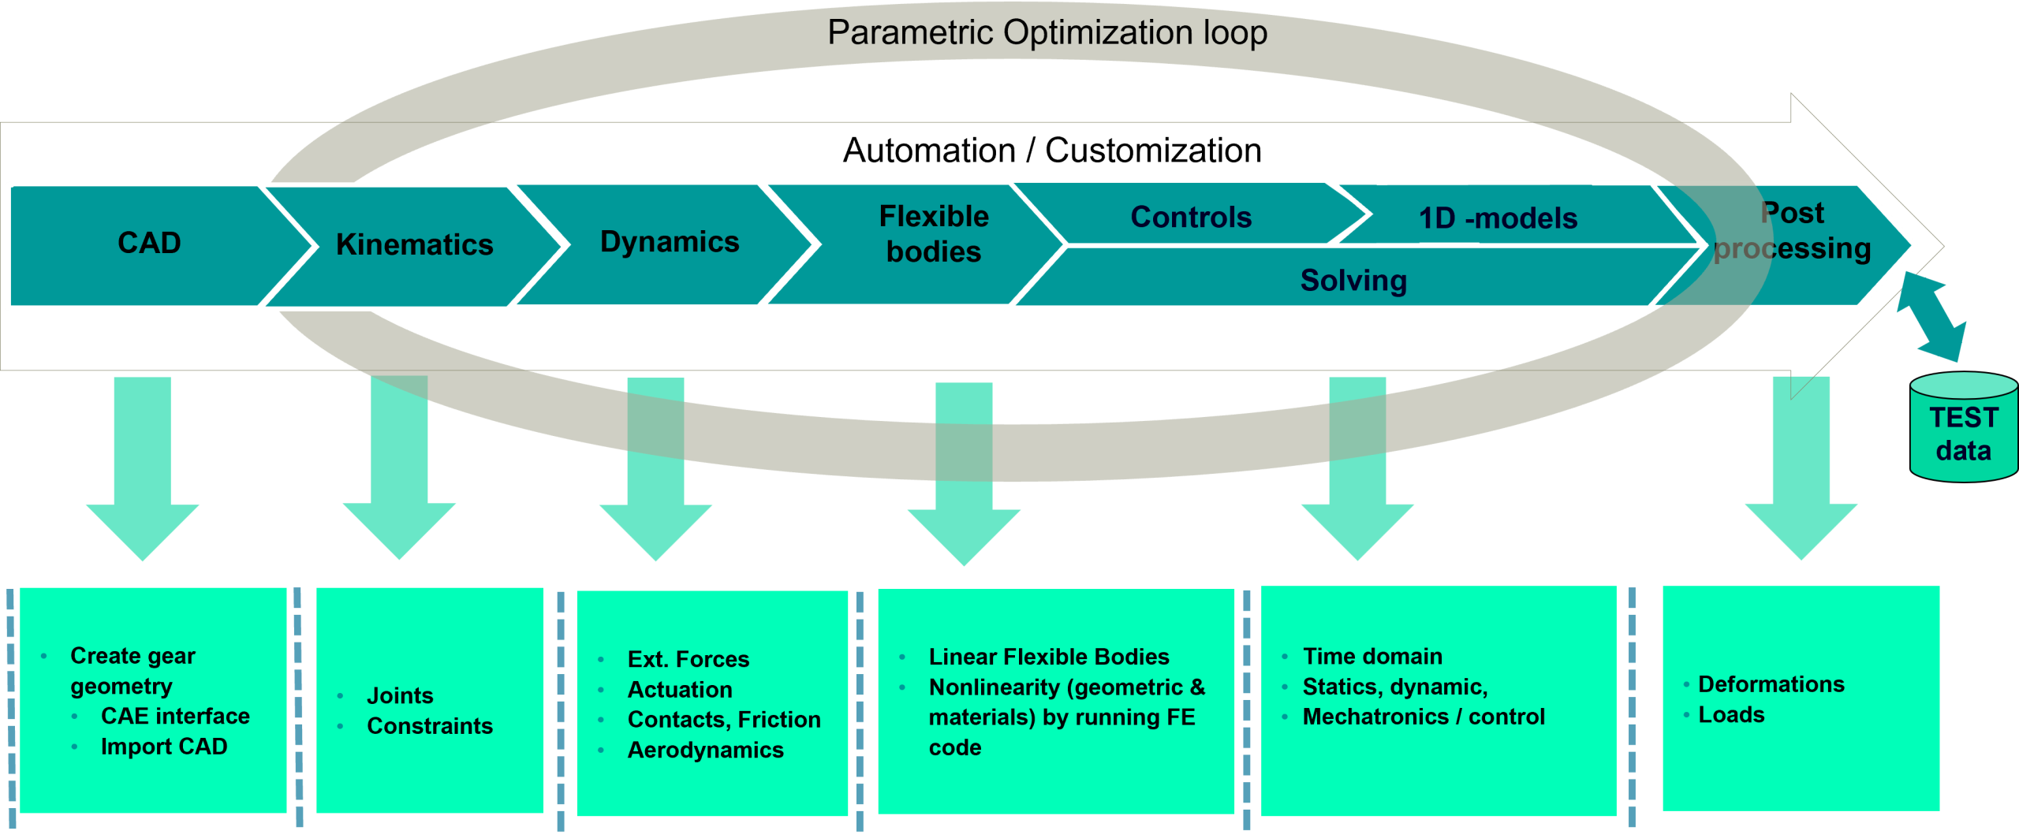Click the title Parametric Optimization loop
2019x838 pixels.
[x=1047, y=33]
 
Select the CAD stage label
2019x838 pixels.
[x=149, y=243]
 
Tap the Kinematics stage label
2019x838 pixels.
[x=414, y=244]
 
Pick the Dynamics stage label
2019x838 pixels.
[x=670, y=241]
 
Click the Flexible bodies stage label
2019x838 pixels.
[x=934, y=234]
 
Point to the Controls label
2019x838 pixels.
[x=1191, y=217]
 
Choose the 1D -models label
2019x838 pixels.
[x=1498, y=218]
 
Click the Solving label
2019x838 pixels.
[x=1353, y=281]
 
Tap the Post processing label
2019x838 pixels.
[x=1792, y=230]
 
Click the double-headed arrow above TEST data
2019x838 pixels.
[x=1931, y=316]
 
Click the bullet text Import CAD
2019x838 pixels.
[x=164, y=747]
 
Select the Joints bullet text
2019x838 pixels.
[x=400, y=695]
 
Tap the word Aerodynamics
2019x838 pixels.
[x=705, y=750]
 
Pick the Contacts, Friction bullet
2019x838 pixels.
[x=723, y=719]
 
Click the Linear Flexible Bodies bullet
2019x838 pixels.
[x=1048, y=657]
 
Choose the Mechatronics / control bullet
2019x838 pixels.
[x=1423, y=717]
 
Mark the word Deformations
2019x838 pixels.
[x=1771, y=684]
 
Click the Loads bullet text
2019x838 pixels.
[x=1731, y=715]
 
